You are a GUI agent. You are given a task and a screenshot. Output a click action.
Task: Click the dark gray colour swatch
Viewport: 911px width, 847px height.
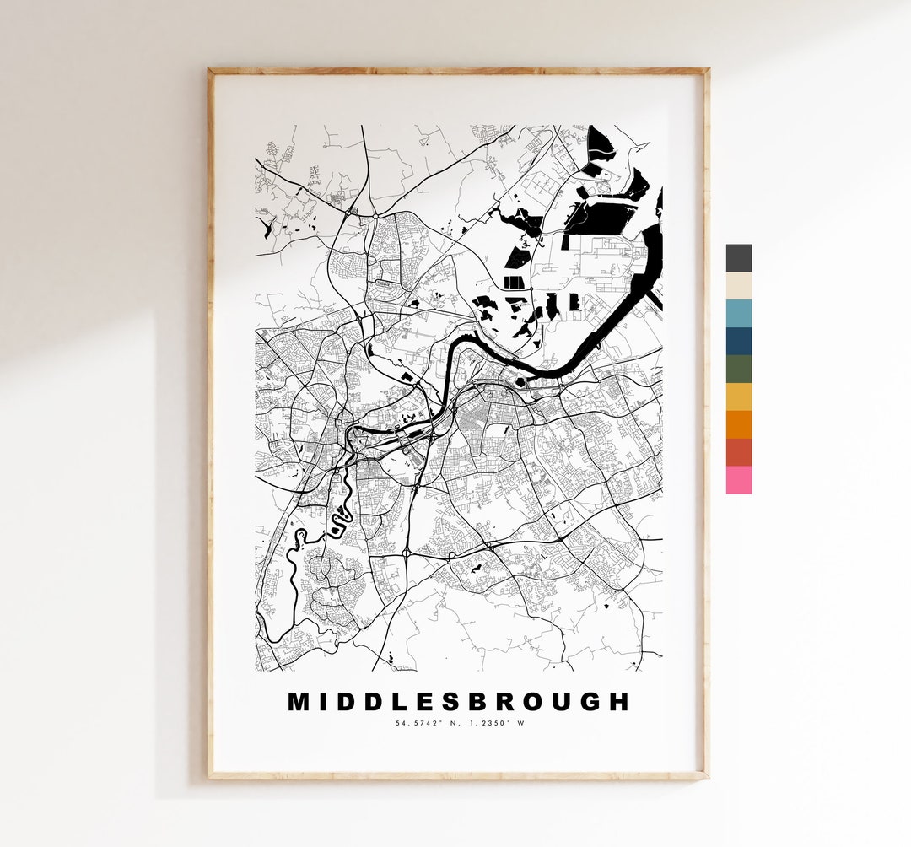(x=738, y=258)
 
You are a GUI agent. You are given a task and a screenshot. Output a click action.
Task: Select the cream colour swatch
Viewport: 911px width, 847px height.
(x=738, y=286)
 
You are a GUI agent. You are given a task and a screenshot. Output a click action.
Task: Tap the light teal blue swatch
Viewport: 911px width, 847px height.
(x=738, y=314)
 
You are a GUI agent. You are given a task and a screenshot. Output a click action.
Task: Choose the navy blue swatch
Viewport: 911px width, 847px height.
(x=738, y=341)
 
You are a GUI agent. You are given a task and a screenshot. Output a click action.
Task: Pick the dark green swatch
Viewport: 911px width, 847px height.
(x=738, y=369)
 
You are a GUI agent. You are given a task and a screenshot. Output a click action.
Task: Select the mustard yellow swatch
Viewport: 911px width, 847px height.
(x=738, y=397)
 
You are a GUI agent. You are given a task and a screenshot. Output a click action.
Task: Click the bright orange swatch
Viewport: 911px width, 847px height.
(x=738, y=424)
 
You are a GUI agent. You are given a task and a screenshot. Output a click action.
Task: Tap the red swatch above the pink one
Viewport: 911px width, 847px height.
(x=738, y=452)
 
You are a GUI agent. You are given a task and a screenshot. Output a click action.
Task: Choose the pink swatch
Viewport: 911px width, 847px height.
(x=738, y=480)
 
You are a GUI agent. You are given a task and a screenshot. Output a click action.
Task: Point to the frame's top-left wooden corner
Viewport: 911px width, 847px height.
(x=212, y=73)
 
